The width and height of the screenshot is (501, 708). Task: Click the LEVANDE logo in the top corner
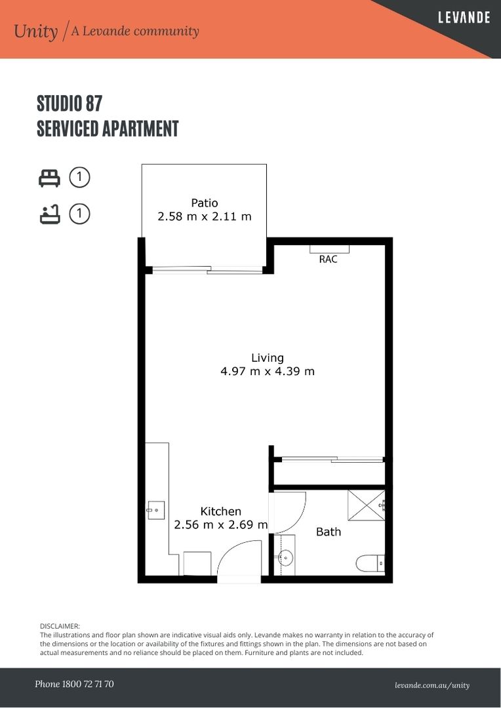(464, 18)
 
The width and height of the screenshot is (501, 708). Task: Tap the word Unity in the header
(35, 31)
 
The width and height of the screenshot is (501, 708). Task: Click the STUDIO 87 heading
(69, 104)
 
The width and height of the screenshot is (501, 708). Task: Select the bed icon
(49, 178)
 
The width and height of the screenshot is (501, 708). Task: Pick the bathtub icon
(50, 214)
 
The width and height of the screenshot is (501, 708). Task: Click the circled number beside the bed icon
(79, 178)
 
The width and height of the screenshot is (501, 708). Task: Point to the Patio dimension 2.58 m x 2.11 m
(204, 216)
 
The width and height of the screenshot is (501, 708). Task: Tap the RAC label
(328, 259)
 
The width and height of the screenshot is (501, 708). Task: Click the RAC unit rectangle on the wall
(329, 249)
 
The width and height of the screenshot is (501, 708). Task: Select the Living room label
(268, 358)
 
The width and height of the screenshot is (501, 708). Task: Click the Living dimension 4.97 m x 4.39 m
(268, 371)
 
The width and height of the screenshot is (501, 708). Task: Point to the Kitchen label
(220, 511)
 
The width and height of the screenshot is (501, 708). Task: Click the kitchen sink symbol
(155, 510)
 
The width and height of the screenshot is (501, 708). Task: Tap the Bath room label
(329, 532)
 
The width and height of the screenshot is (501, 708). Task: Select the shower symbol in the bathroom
(366, 505)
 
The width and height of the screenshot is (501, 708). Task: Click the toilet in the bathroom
(370, 564)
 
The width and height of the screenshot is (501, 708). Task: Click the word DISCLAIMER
(60, 626)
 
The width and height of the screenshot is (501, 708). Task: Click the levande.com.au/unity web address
(432, 686)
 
